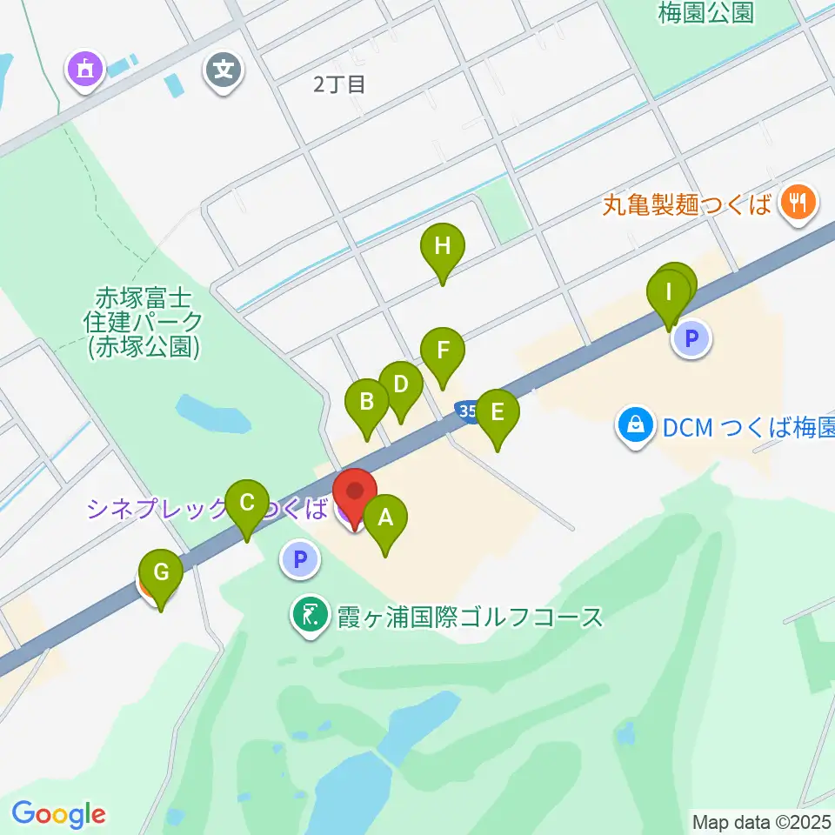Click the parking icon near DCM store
coord(692,338)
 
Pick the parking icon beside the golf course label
coord(301,559)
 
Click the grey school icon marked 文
coord(224,69)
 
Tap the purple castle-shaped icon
coord(86,69)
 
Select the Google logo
coord(58,814)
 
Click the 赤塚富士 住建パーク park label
coord(144,321)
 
